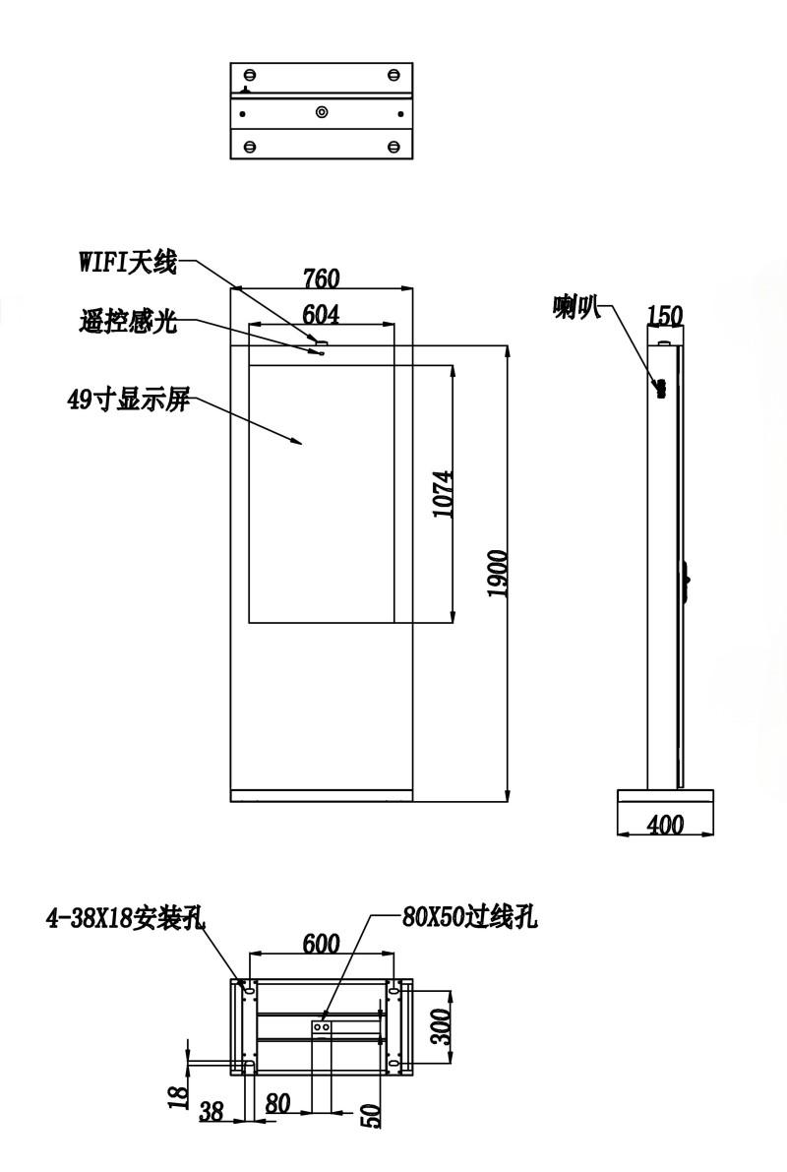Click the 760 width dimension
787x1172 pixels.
[x=322, y=278]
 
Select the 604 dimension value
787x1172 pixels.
[x=321, y=315]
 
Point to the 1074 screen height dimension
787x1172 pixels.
[x=444, y=494]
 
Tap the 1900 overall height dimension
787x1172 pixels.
[x=497, y=574]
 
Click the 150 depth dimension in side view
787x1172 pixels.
[x=664, y=316]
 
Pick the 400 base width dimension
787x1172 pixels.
[x=665, y=825]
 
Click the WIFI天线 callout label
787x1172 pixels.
[x=128, y=263]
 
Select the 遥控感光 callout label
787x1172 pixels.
[x=128, y=322]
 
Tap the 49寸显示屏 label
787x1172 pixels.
[x=128, y=401]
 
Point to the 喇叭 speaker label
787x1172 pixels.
[x=577, y=307]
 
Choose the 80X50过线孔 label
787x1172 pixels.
[x=469, y=916]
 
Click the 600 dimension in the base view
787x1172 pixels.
[x=322, y=944]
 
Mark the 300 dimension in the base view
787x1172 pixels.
[x=441, y=1026]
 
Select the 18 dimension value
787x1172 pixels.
[x=177, y=1096]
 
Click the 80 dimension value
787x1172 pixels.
[x=277, y=1103]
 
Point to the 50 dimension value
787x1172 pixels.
[x=372, y=1115]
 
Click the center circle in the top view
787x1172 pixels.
[x=322, y=113]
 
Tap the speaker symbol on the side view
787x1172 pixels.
[x=660, y=389]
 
